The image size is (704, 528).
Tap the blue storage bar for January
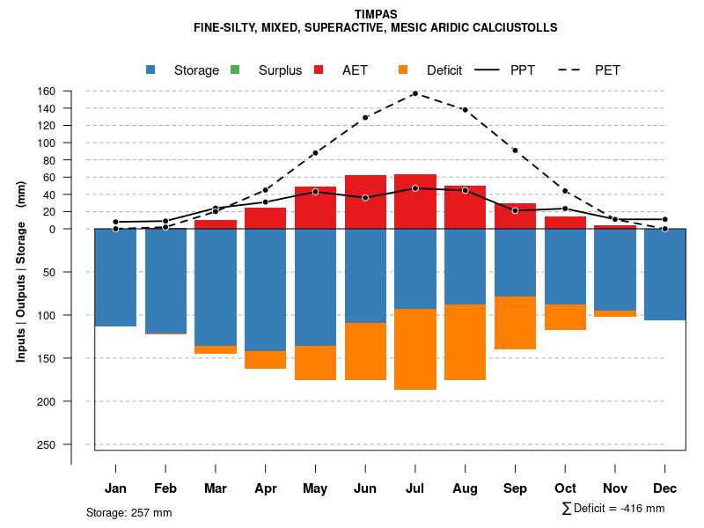pyautogui.click(x=115, y=277)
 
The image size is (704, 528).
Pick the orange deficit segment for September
pyautogui.click(x=515, y=323)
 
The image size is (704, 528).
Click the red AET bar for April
pyautogui.click(x=265, y=219)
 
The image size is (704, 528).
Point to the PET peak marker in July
pyautogui.click(x=414, y=93)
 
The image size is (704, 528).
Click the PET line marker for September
pyautogui.click(x=515, y=150)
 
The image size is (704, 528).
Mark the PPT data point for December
pyautogui.click(x=665, y=219)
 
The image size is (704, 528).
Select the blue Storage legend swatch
pyautogui.click(x=150, y=70)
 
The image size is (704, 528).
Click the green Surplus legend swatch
pyautogui.click(x=235, y=70)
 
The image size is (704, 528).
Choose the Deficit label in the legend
pyautogui.click(x=444, y=70)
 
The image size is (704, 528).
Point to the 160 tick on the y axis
pyautogui.click(x=71, y=92)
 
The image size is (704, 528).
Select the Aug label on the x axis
pyautogui.click(x=465, y=488)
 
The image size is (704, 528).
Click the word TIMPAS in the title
pyautogui.click(x=376, y=14)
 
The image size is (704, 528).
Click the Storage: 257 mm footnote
pyautogui.click(x=129, y=512)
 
